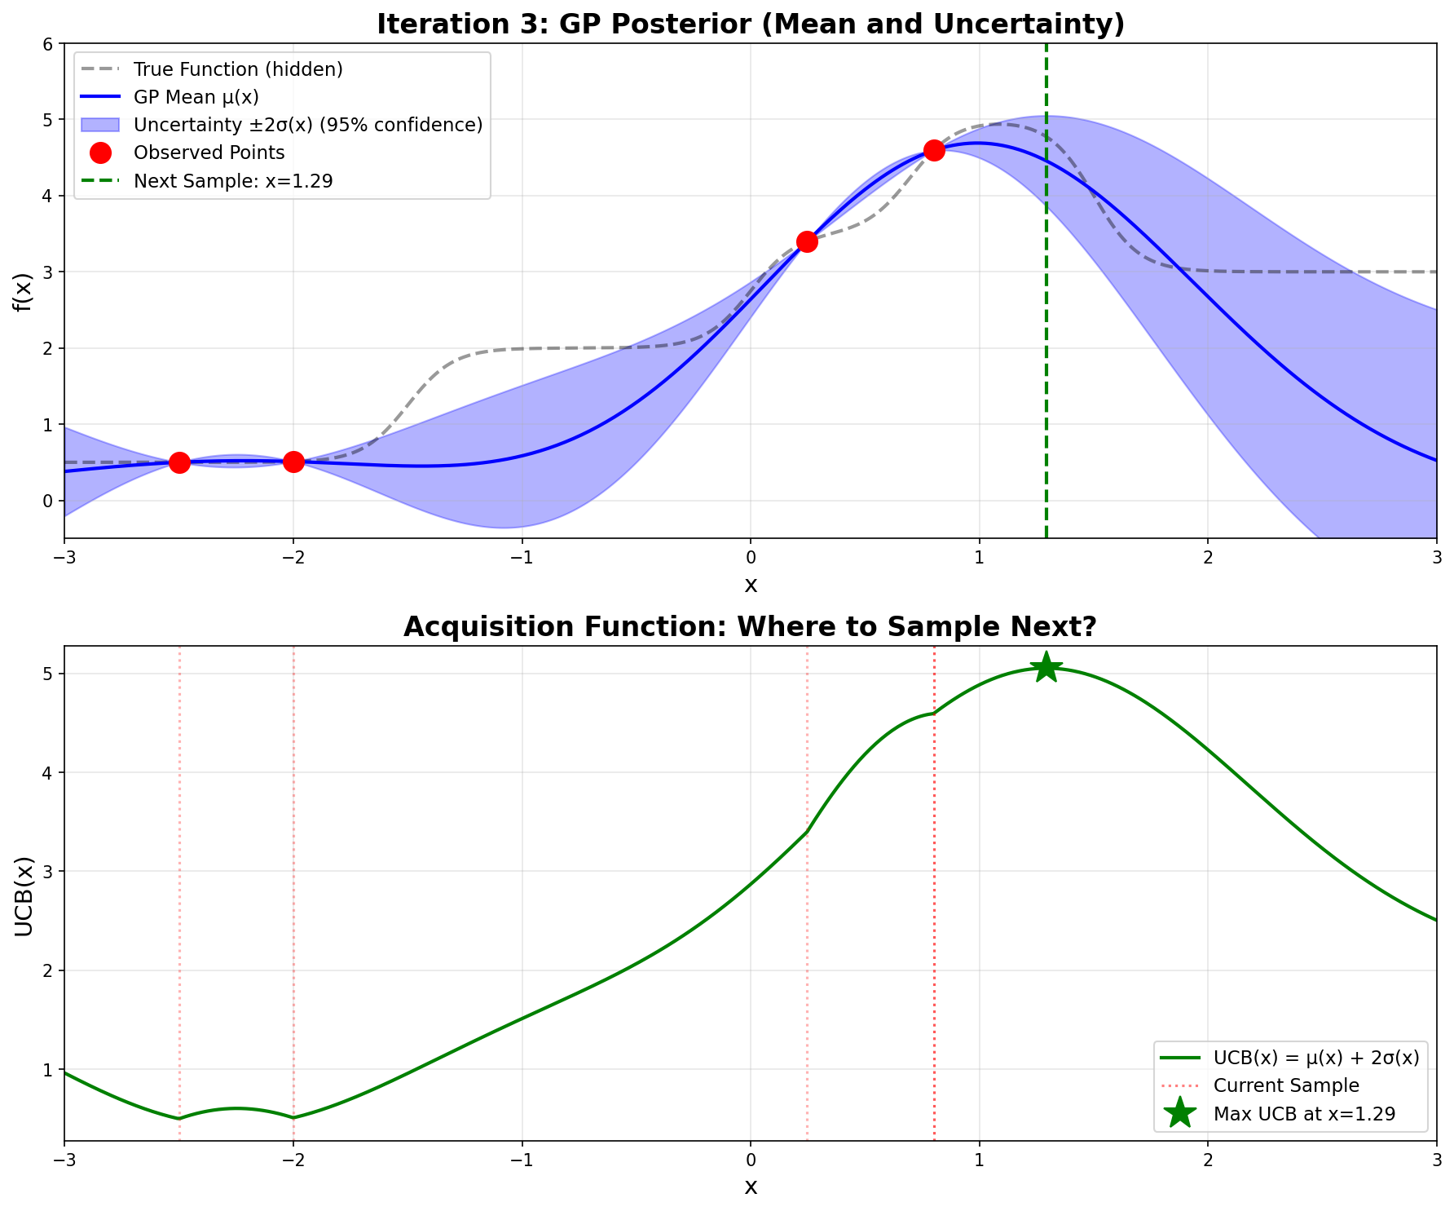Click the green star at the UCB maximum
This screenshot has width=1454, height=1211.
1046,668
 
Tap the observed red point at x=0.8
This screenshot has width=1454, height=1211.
934,150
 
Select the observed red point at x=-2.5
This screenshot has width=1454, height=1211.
179,462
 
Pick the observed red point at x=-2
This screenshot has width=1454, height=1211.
293,462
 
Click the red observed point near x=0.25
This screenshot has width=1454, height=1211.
807,241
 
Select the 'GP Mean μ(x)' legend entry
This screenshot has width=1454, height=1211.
196,97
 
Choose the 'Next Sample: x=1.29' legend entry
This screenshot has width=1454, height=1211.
233,180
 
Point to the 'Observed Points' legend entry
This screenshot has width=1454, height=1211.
209,152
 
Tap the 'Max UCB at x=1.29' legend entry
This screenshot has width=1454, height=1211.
1304,1113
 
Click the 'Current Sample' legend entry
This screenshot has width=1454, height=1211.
1286,1085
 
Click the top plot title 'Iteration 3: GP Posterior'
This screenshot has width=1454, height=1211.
750,24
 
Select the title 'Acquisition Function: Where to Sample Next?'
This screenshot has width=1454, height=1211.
750,626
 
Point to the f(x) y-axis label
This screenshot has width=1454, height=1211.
22,291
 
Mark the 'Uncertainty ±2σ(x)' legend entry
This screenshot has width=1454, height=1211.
308,125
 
